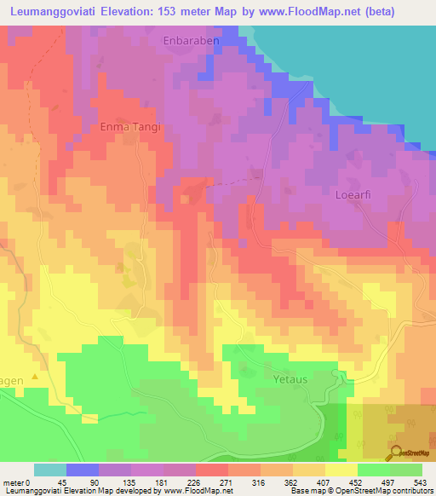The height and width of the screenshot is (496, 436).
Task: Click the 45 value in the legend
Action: [x=50, y=483]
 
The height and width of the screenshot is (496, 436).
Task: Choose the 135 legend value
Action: [x=115, y=483]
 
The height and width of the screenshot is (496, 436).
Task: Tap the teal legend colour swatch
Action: [x=50, y=470]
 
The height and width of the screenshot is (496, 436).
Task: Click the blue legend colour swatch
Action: [x=83, y=470]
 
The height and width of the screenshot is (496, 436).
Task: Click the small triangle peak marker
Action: [x=35, y=375]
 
